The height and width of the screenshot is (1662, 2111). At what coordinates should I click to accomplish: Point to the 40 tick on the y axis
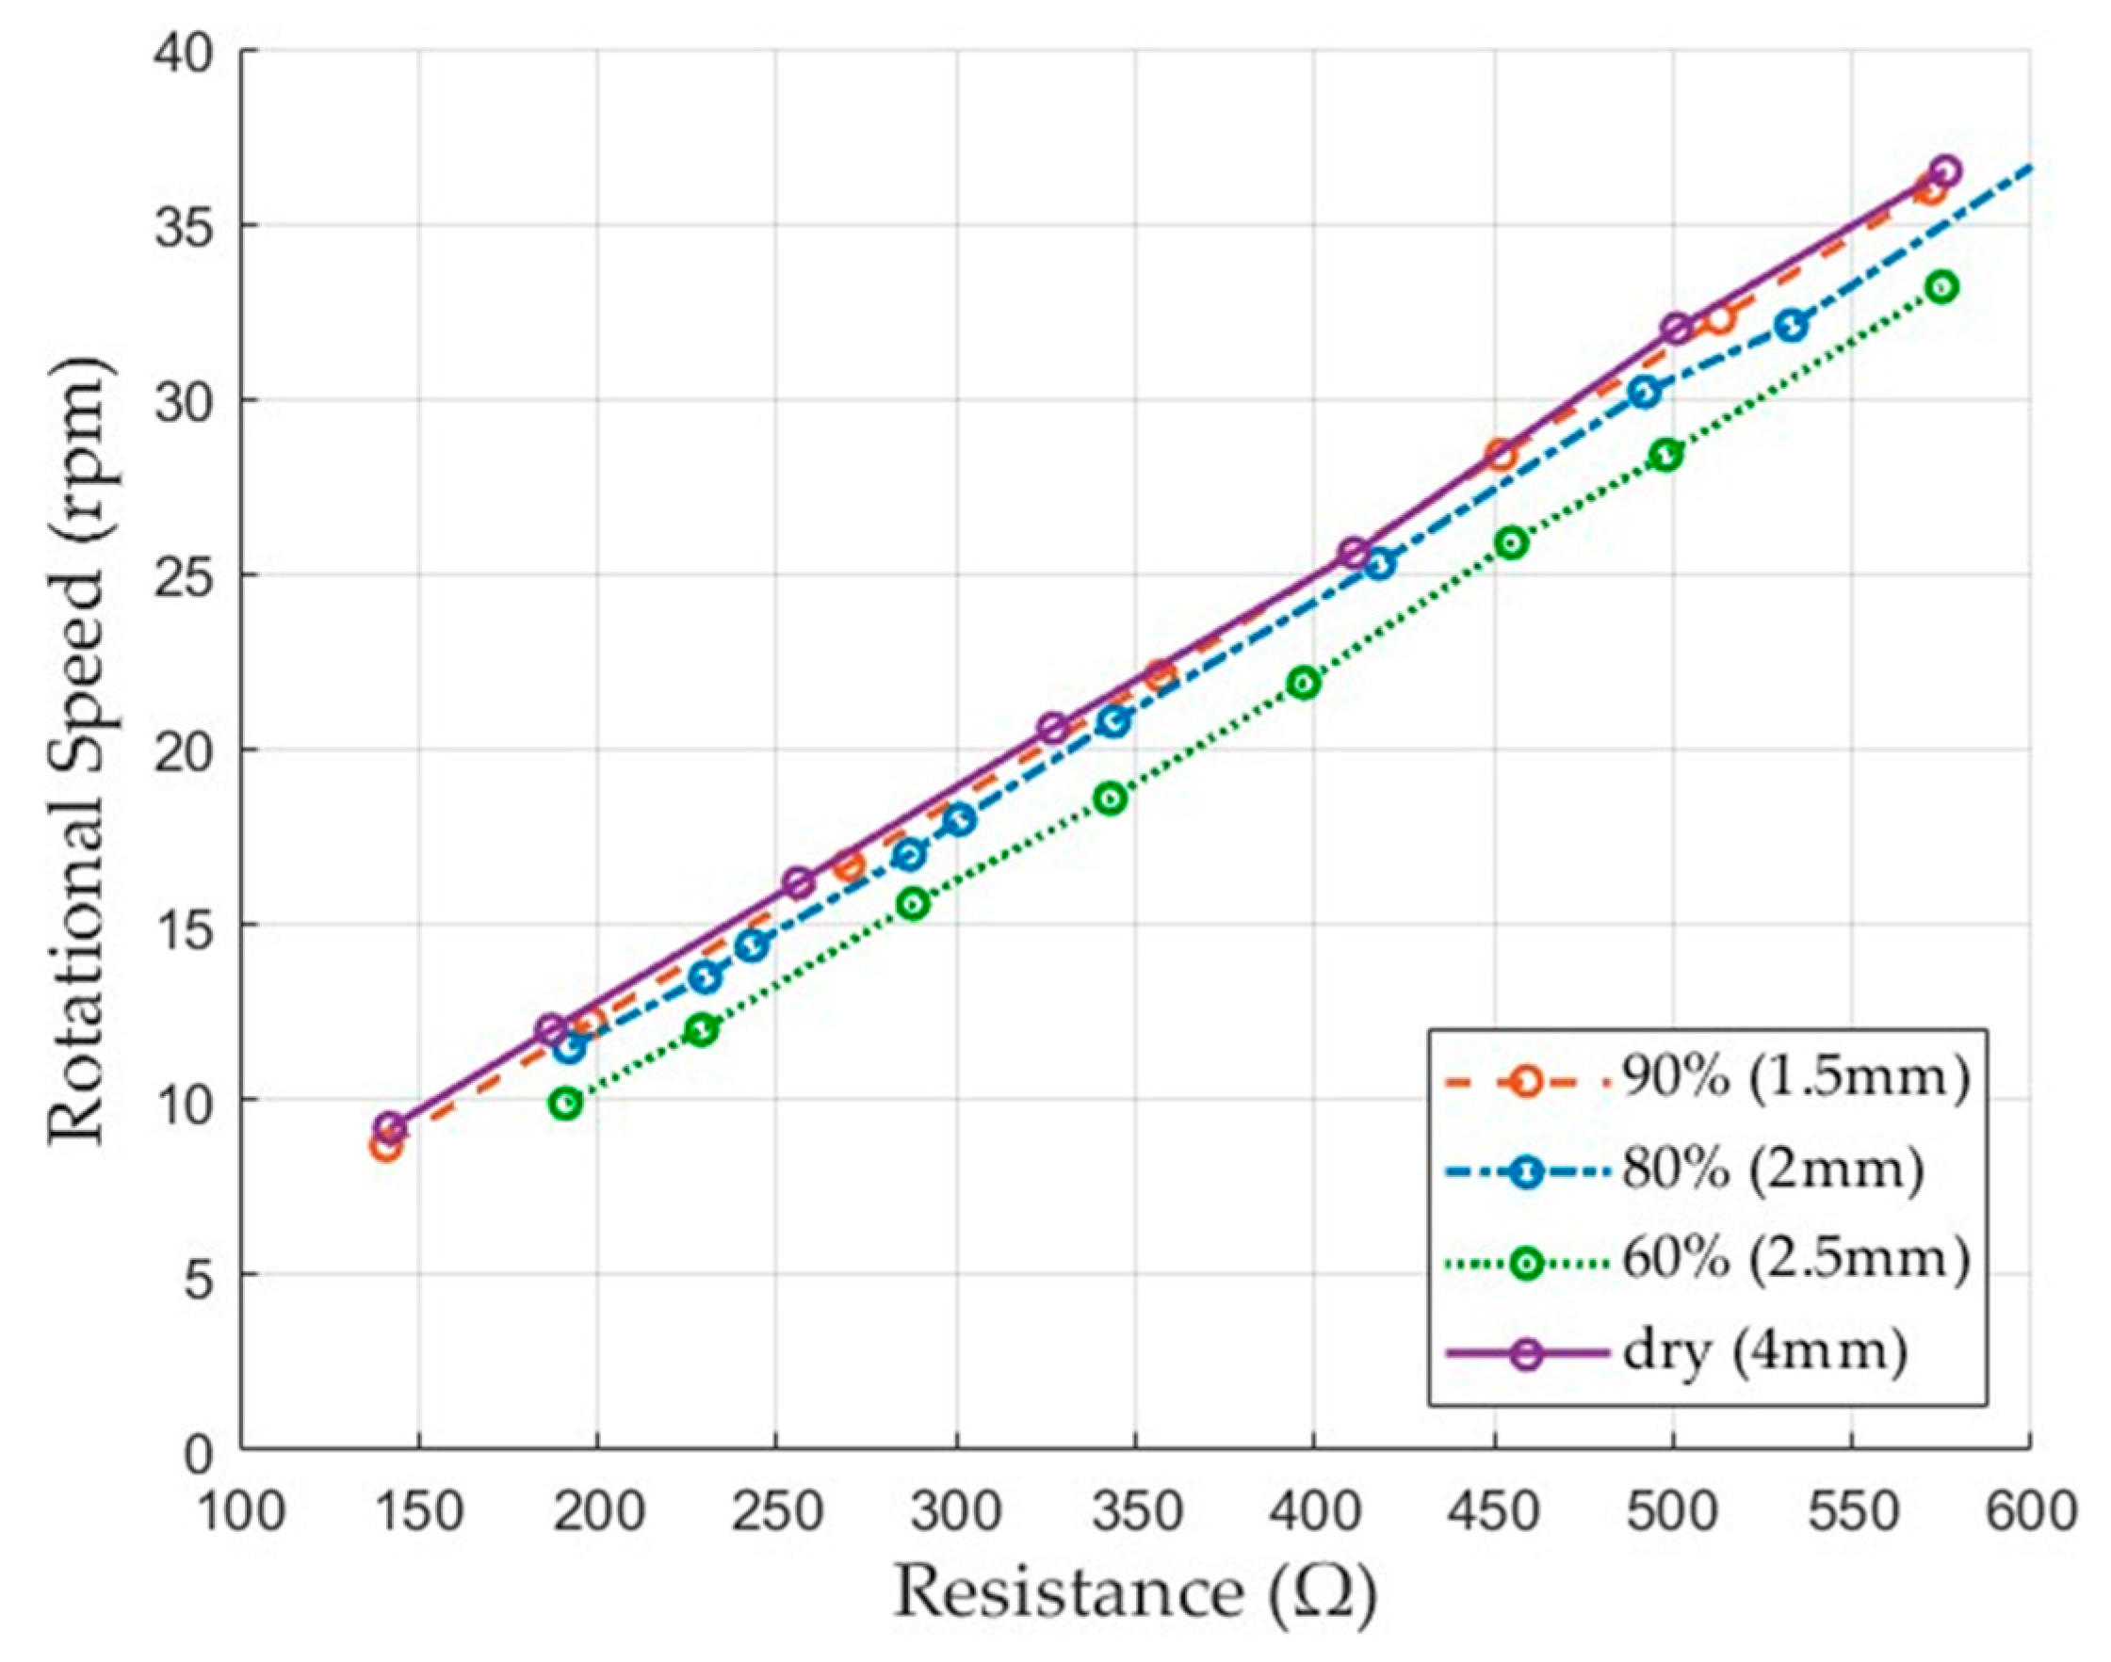pyautogui.click(x=186, y=51)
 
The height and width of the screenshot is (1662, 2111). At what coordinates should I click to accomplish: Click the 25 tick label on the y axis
pyautogui.click(x=186, y=575)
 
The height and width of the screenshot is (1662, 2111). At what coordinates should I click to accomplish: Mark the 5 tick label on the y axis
pyautogui.click(x=200, y=1275)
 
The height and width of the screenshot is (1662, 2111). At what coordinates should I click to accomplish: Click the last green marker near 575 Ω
pyautogui.click(x=1942, y=287)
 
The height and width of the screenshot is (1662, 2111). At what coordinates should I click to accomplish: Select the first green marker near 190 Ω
pyautogui.click(x=565, y=1104)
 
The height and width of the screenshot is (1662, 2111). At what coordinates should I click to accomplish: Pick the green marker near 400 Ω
pyautogui.click(x=1306, y=684)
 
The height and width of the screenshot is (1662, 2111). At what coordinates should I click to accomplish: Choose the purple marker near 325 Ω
pyautogui.click(x=1052, y=728)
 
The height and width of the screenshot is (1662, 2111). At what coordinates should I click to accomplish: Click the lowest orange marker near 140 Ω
pyautogui.click(x=385, y=1147)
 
